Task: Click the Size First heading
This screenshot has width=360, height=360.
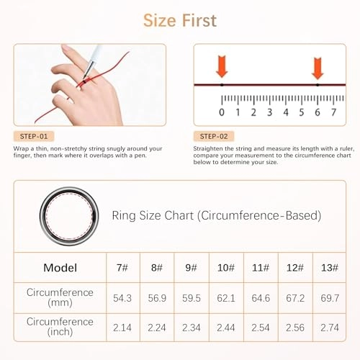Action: coord(179,20)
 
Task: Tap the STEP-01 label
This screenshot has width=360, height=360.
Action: coord(34,136)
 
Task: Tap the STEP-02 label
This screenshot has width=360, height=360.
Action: coord(213,136)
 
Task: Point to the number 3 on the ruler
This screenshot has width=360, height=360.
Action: coord(269,112)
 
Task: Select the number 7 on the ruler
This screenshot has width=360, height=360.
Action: coord(333,112)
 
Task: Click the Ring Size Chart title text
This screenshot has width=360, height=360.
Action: coord(216,215)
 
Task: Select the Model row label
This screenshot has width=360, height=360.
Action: coord(60,267)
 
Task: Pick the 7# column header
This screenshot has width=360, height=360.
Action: coord(123,267)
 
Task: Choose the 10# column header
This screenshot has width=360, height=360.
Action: coord(225,267)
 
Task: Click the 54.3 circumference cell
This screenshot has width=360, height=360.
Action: coord(123,298)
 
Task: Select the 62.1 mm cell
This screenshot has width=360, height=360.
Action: coord(225,298)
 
